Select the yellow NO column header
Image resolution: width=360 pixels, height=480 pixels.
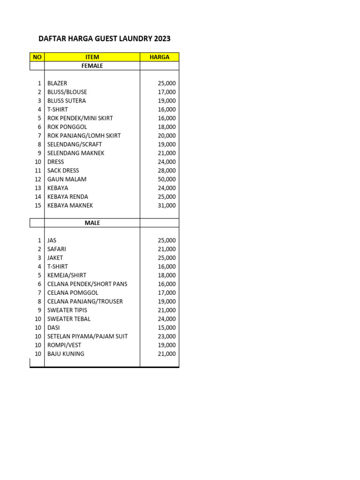[x=37, y=57]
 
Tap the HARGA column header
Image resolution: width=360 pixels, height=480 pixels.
[x=159, y=57]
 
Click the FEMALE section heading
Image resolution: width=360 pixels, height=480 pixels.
[x=92, y=66]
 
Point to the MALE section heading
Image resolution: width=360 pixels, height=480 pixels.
[x=92, y=223]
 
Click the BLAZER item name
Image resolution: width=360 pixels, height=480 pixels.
[x=57, y=83]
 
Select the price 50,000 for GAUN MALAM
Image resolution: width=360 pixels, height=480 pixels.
[x=167, y=180]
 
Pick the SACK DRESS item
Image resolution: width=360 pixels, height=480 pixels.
[x=63, y=171]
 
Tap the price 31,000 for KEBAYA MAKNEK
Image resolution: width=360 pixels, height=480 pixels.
[x=167, y=206]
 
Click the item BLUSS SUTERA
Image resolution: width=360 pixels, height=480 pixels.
[x=67, y=101]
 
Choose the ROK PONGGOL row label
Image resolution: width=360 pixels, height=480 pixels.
[x=67, y=127]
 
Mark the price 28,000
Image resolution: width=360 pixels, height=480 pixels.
[x=167, y=171]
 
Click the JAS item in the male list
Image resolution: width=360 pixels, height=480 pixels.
[x=52, y=240]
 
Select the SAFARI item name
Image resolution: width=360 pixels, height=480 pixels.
[x=57, y=249]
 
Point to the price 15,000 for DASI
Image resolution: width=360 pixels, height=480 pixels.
[x=167, y=328]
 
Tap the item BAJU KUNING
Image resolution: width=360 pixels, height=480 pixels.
[x=66, y=354]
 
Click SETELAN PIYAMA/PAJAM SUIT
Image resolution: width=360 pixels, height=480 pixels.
[x=88, y=337]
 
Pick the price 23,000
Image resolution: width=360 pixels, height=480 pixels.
[x=167, y=337]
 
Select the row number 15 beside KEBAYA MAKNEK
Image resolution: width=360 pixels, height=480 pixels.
[x=38, y=206]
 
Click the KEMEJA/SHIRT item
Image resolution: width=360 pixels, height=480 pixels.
[x=67, y=276]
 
